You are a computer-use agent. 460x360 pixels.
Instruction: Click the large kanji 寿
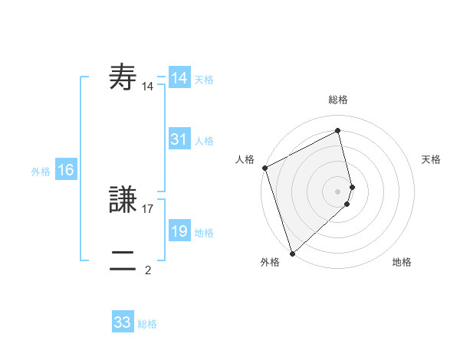pyautogui.click(x=123, y=78)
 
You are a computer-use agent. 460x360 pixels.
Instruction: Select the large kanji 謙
pyautogui.click(x=123, y=201)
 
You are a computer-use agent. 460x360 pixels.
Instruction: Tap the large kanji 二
pyautogui.click(x=123, y=261)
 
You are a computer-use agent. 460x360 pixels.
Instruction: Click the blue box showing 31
pyautogui.click(x=179, y=140)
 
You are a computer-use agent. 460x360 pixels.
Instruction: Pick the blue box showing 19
pyautogui.click(x=179, y=232)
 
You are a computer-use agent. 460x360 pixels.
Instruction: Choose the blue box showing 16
pyautogui.click(x=66, y=171)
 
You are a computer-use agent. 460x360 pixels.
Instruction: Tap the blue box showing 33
pyautogui.click(x=123, y=322)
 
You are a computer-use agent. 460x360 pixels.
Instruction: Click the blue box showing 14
pyautogui.click(x=179, y=78)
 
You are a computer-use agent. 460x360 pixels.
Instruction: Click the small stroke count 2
pyautogui.click(x=148, y=270)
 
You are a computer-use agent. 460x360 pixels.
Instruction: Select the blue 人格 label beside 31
pyautogui.click(x=204, y=141)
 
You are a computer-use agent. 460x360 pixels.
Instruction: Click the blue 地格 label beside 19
pyautogui.click(x=204, y=233)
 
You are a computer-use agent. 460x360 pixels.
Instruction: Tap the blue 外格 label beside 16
pyautogui.click(x=41, y=172)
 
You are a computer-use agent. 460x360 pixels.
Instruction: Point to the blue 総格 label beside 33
pyautogui.click(x=147, y=324)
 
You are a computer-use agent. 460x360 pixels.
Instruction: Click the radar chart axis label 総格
pyautogui.click(x=338, y=100)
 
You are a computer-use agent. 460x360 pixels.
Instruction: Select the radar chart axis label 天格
pyautogui.click(x=432, y=159)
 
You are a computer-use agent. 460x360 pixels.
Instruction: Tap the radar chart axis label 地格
pyautogui.click(x=402, y=262)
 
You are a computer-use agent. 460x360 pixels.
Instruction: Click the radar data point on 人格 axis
pyautogui.click(x=264, y=168)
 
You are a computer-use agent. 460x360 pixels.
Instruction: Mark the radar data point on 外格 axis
pyautogui.click(x=292, y=253)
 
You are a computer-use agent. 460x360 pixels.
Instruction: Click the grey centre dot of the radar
pyautogui.click(x=338, y=191)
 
